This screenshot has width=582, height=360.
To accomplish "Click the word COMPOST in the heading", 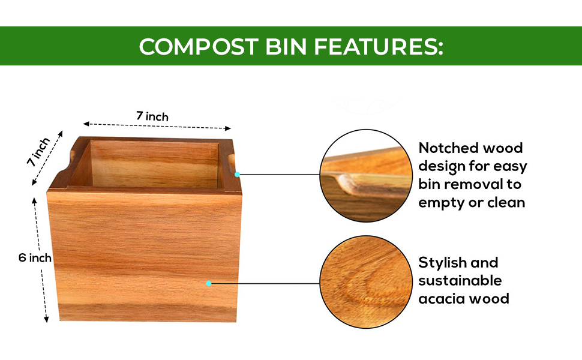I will click(191, 46).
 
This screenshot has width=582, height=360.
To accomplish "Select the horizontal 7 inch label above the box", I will click(152, 116).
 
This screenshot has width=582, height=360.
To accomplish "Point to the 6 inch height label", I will click(35, 258).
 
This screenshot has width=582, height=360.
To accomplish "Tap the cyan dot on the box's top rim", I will click(238, 175).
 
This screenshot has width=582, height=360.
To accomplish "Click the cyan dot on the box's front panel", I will click(209, 283).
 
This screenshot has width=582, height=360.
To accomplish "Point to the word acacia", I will click(442, 298).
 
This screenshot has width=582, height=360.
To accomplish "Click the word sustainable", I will click(460, 280).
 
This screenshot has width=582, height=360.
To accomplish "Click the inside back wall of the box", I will click(153, 162).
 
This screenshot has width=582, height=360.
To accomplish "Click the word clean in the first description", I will click(505, 202).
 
